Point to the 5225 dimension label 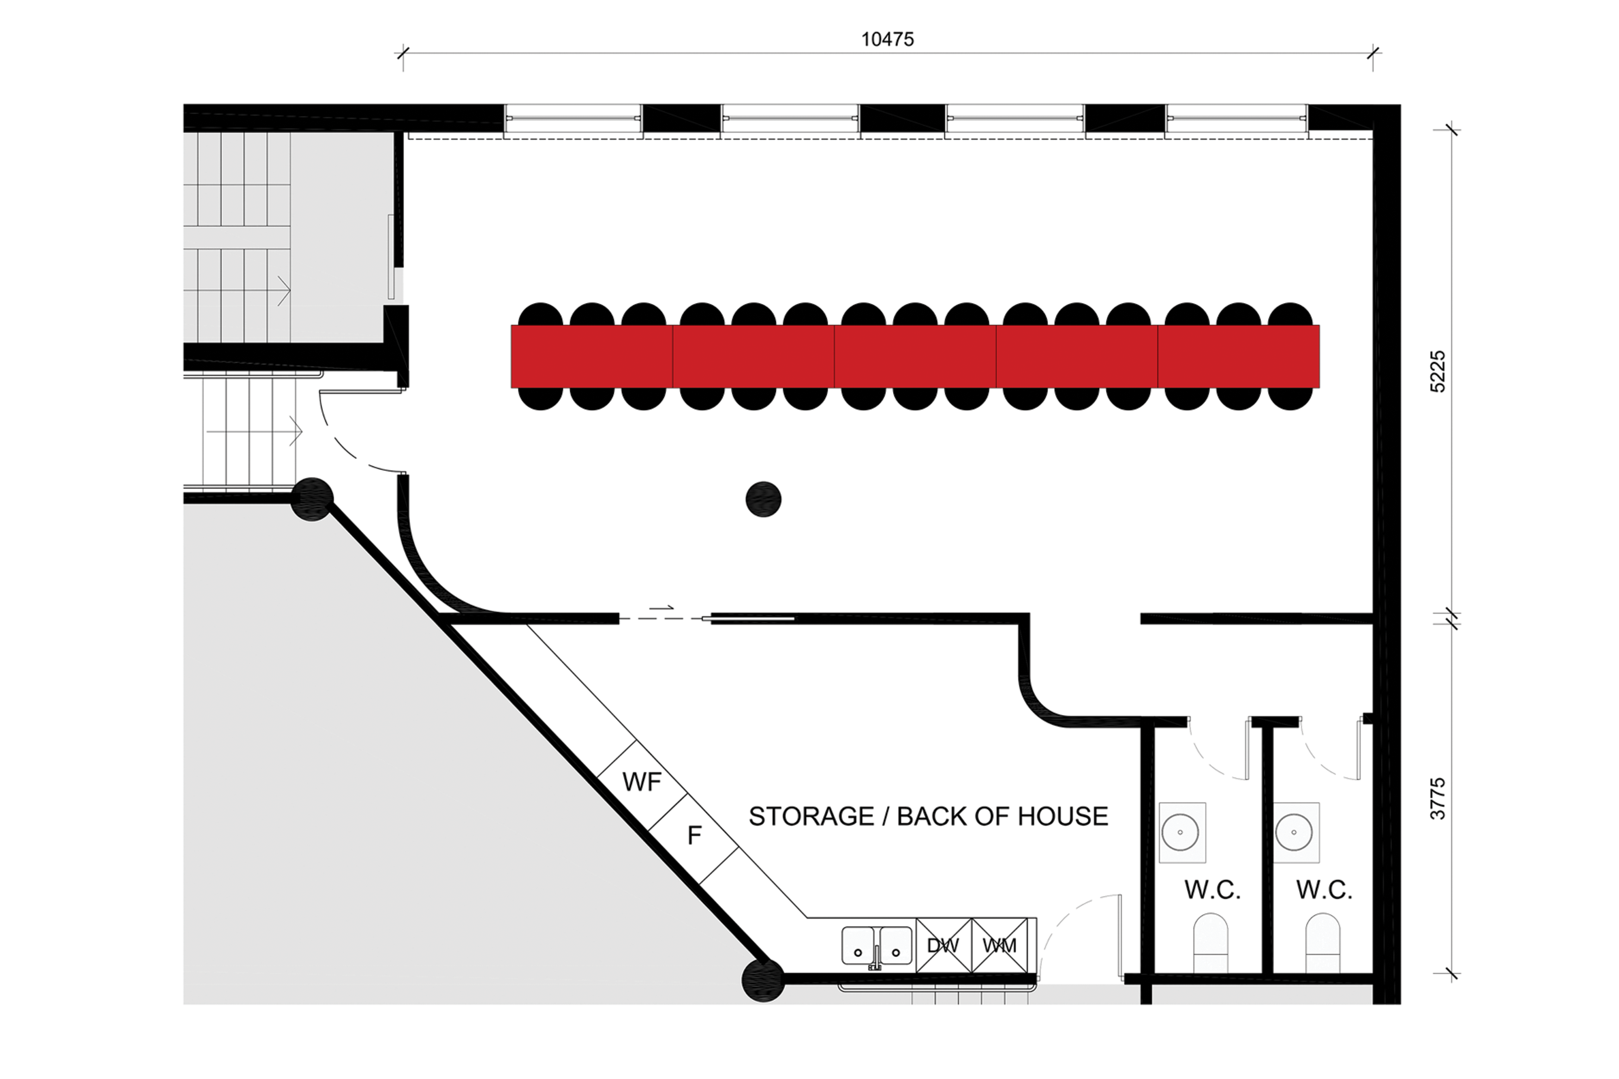point(1438,372)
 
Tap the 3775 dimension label point(1438,799)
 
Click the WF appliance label point(642,782)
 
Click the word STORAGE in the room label point(811,816)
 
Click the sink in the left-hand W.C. point(1182,832)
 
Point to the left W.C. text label point(1212,890)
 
